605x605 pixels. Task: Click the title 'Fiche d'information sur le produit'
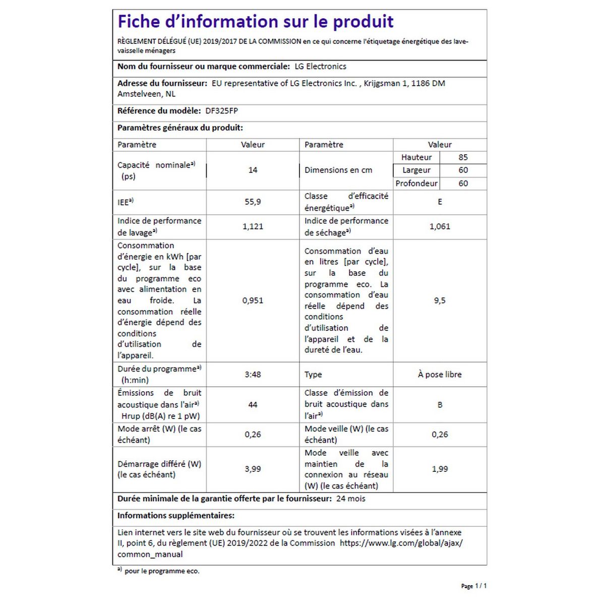pyautogui.click(x=255, y=22)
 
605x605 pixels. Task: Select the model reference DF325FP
pyautogui.click(x=221, y=111)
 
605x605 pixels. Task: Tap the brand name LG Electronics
pyautogui.click(x=320, y=67)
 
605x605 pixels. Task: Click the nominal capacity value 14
pyautogui.click(x=253, y=170)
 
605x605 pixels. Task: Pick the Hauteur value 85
pyautogui.click(x=463, y=157)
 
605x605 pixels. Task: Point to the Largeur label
pyautogui.click(x=416, y=170)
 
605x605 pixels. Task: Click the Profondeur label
pyautogui.click(x=416, y=184)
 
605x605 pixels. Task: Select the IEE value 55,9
pyautogui.click(x=253, y=202)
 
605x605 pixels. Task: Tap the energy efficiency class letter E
pyautogui.click(x=440, y=202)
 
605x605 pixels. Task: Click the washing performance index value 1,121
pyautogui.click(x=253, y=226)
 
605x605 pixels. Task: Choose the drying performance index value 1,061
pyautogui.click(x=440, y=226)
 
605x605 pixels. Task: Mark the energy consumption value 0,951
pyautogui.click(x=253, y=300)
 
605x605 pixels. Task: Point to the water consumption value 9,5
pyautogui.click(x=440, y=300)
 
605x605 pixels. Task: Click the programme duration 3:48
pyautogui.click(x=253, y=375)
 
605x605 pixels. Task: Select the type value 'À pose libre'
pyautogui.click(x=440, y=375)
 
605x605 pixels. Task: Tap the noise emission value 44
pyautogui.click(x=253, y=404)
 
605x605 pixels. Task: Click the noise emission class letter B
pyautogui.click(x=440, y=404)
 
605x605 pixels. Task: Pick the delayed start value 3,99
pyautogui.click(x=253, y=469)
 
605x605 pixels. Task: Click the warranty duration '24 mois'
pyautogui.click(x=350, y=499)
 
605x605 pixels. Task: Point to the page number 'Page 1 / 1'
pyautogui.click(x=474, y=586)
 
